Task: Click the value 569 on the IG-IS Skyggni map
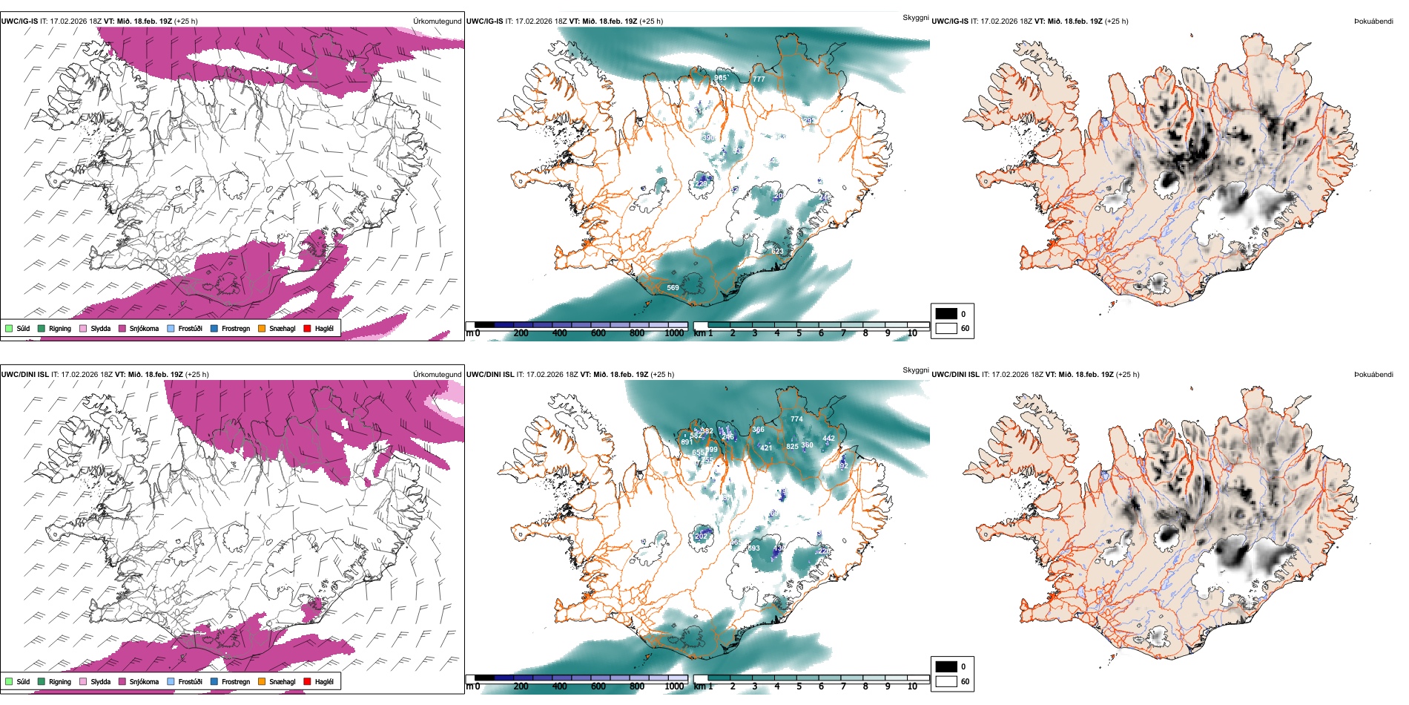coord(673,288)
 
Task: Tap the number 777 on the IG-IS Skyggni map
coord(759,79)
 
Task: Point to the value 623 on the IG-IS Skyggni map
coord(777,252)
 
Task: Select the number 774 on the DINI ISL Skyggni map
coord(796,419)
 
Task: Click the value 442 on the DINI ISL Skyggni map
coord(829,439)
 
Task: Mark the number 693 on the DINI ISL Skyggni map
coord(753,549)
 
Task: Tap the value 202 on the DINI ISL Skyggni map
coord(702,536)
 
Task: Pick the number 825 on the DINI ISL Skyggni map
coord(792,447)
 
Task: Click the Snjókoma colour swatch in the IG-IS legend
coord(122,328)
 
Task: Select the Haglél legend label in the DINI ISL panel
coord(324,681)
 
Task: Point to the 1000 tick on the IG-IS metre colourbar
coord(674,333)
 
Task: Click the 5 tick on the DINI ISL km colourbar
coord(799,686)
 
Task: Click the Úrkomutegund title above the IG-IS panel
coord(437,22)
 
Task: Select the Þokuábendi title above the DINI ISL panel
coord(1373,375)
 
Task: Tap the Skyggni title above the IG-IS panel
coord(915,18)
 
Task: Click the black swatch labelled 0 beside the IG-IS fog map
coord(946,314)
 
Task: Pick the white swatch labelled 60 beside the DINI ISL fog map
coord(946,681)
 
